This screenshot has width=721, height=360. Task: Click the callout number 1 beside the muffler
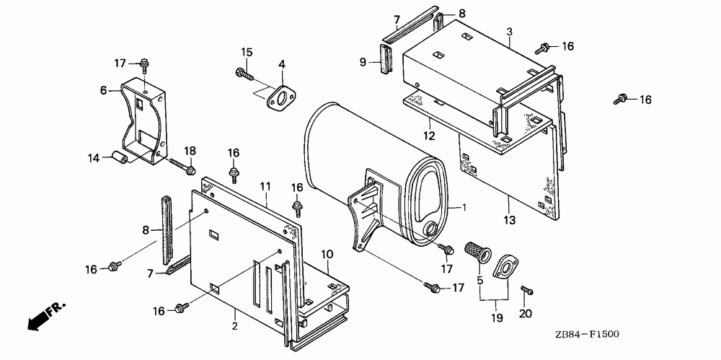[464, 208]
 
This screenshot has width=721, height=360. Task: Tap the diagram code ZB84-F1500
[588, 333]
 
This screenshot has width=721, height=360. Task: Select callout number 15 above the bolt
[246, 52]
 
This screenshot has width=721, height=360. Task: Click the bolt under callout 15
[242, 72]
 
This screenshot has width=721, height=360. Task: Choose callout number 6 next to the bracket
[103, 90]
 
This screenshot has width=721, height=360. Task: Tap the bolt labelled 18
[184, 167]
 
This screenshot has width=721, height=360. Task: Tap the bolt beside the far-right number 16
[619, 100]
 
